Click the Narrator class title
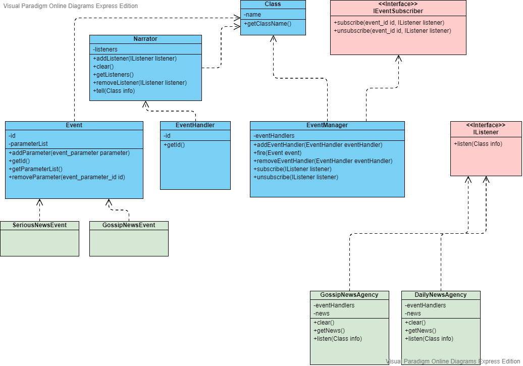145,39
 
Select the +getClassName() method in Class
268,24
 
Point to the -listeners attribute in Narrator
106,49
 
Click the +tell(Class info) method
114,91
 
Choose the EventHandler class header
195,125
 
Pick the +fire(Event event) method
277,153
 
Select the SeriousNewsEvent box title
39,225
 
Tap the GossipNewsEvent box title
129,225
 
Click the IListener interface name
486,132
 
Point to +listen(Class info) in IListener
478,144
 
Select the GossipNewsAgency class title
349,295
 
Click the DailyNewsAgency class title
441,295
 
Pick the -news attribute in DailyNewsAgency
413,313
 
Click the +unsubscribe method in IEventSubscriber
392,31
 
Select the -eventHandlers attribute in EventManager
274,135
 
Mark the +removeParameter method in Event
67,177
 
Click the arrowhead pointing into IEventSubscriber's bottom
399,59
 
